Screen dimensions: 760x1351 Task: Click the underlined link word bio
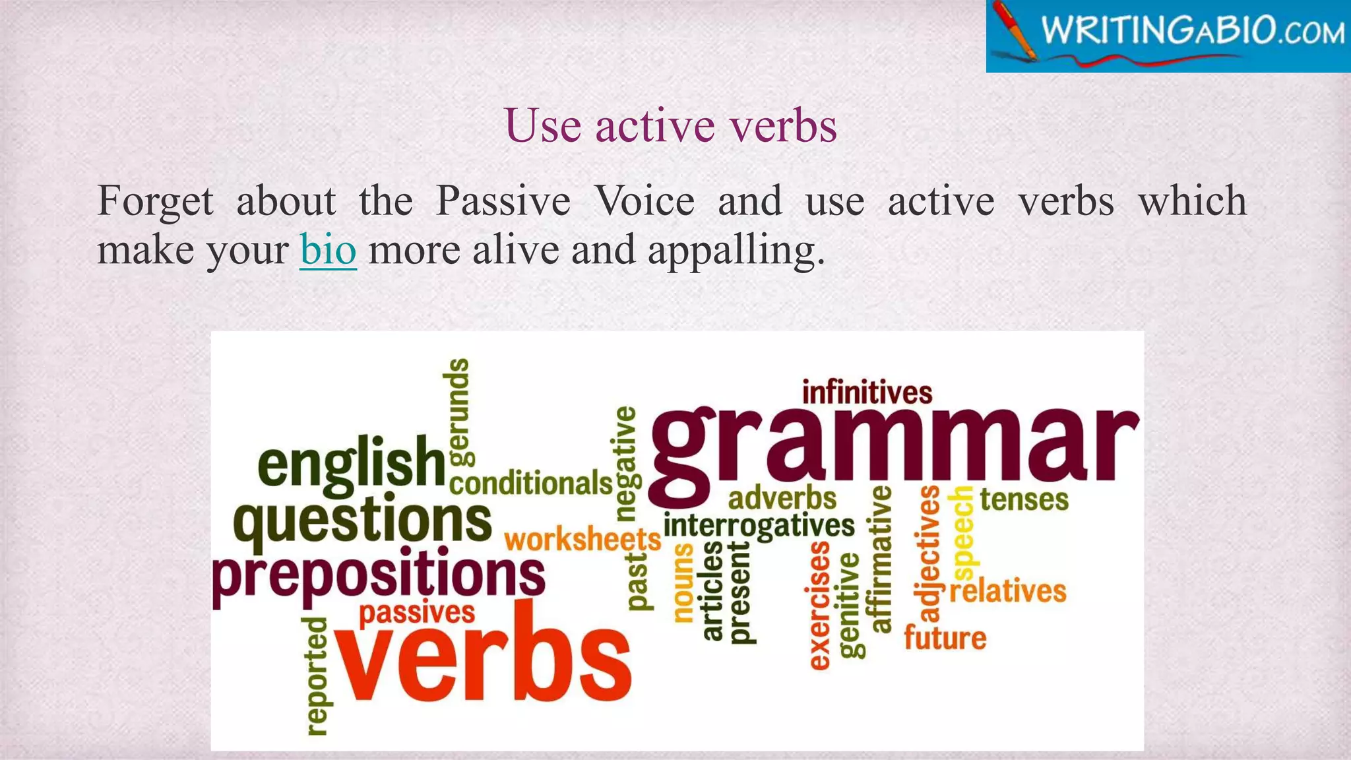328,250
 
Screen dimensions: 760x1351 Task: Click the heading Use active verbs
670,125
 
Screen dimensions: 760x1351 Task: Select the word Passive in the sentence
503,201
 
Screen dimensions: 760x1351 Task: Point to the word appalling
736,251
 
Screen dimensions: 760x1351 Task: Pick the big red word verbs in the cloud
485,663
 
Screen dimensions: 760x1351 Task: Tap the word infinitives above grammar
867,393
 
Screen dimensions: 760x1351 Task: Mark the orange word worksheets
582,540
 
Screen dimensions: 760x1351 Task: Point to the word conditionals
531,484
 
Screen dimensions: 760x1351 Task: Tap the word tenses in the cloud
1024,499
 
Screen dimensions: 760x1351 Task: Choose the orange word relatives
1007,590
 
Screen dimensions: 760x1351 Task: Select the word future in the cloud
945,638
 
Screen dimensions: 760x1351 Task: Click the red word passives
416,613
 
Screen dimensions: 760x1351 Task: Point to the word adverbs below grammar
782,499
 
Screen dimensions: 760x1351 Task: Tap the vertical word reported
317,676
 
